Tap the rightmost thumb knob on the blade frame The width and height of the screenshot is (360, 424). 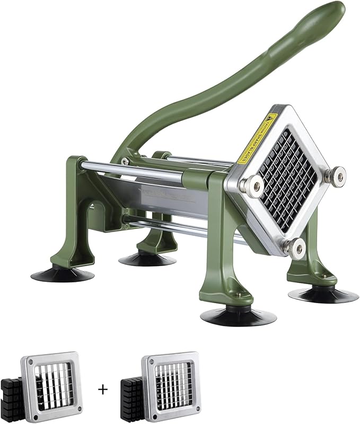point(337,174)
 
